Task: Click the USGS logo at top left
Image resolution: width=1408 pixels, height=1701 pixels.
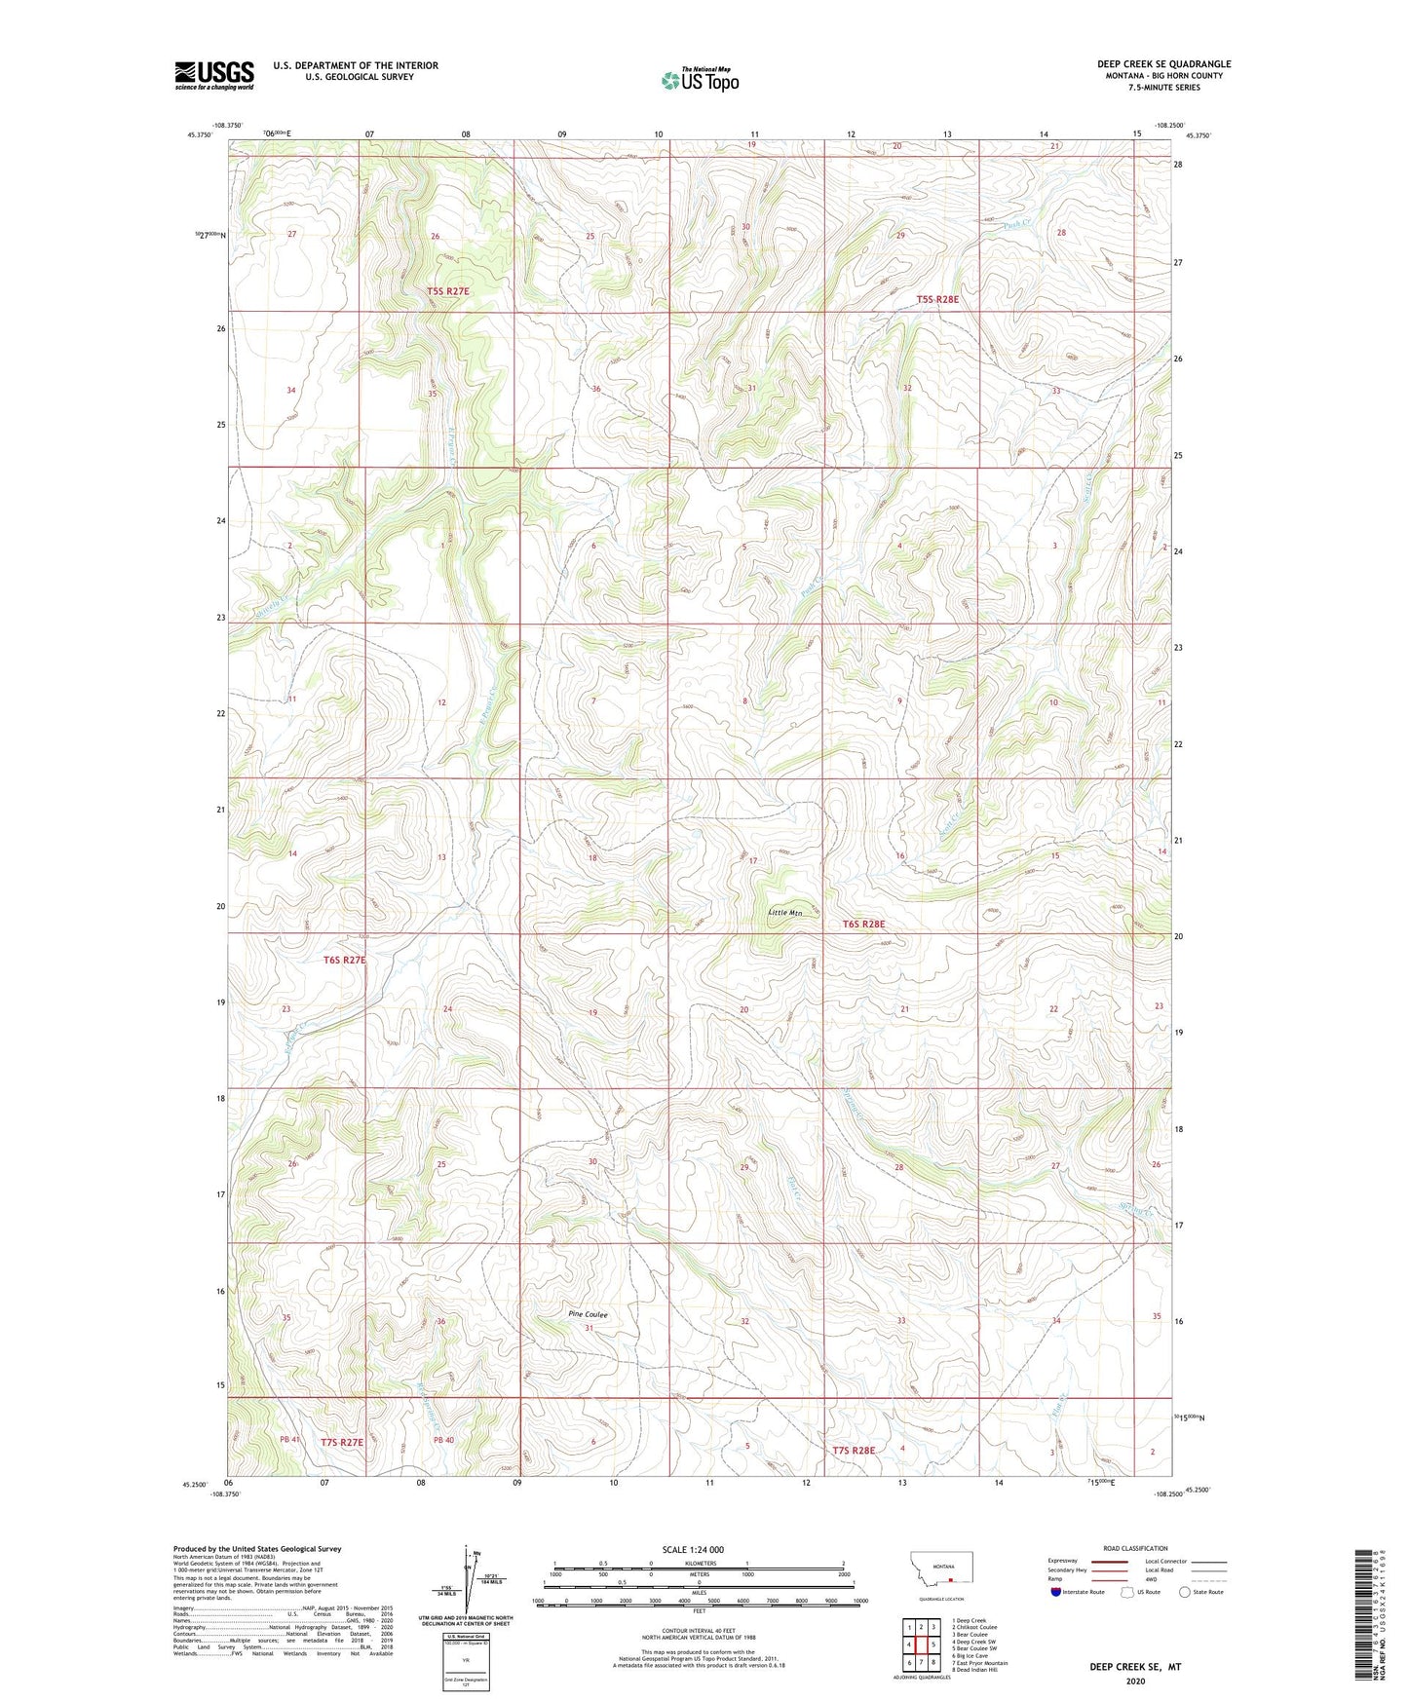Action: tap(213, 75)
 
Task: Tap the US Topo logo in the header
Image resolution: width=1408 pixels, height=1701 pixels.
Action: tap(699, 80)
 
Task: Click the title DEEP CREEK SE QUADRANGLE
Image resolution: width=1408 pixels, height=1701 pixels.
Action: tap(1163, 64)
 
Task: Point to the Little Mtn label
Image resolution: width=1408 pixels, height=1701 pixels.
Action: tap(784, 913)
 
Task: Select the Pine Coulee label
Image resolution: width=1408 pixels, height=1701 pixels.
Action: tap(588, 1314)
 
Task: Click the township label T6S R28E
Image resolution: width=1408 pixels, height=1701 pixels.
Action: tap(863, 923)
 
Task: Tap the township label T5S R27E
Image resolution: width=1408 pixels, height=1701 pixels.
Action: tap(447, 291)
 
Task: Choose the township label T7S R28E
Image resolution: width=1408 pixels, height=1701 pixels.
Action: tap(854, 1451)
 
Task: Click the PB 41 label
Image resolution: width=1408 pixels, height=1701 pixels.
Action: tap(288, 1440)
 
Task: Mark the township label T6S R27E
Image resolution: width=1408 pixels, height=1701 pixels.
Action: tap(344, 960)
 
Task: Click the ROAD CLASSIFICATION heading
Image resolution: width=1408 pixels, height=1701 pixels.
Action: tap(1136, 1548)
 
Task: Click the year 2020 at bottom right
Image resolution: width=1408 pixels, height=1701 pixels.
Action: tap(1135, 1681)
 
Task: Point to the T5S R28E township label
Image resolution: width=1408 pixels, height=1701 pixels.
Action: tap(937, 299)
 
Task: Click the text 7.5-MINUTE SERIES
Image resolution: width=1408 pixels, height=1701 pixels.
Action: tap(1163, 88)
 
